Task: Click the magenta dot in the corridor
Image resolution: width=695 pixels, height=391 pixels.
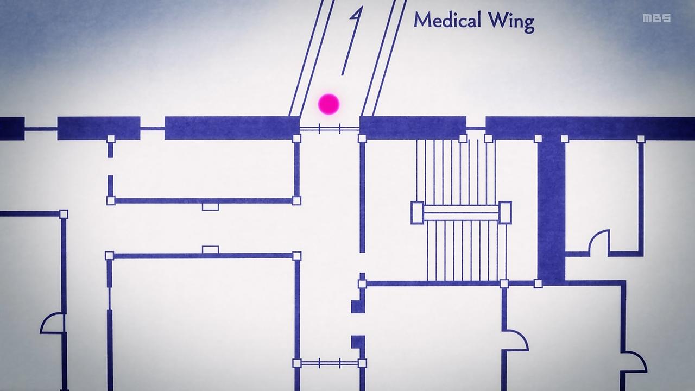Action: [328, 104]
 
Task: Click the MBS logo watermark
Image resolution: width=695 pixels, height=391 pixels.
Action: [656, 18]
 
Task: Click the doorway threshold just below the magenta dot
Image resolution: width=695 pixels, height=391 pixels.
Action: [330, 129]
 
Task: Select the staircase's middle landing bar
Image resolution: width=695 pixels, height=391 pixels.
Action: [461, 212]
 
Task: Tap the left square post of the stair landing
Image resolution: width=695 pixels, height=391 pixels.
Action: [417, 212]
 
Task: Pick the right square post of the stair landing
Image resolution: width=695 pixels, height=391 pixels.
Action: [505, 212]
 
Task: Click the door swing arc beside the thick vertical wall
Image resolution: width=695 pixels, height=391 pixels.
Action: [599, 241]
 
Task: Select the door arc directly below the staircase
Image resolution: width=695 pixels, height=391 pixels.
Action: [516, 340]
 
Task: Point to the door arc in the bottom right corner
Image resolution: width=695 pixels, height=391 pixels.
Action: [635, 361]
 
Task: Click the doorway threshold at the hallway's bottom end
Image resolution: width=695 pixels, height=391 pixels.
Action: [330, 363]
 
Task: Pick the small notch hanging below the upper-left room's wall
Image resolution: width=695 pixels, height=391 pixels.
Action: [210, 206]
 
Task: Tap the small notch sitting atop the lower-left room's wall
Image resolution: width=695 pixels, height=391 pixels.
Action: [210, 250]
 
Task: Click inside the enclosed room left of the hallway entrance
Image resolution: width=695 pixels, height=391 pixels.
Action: [204, 169]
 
